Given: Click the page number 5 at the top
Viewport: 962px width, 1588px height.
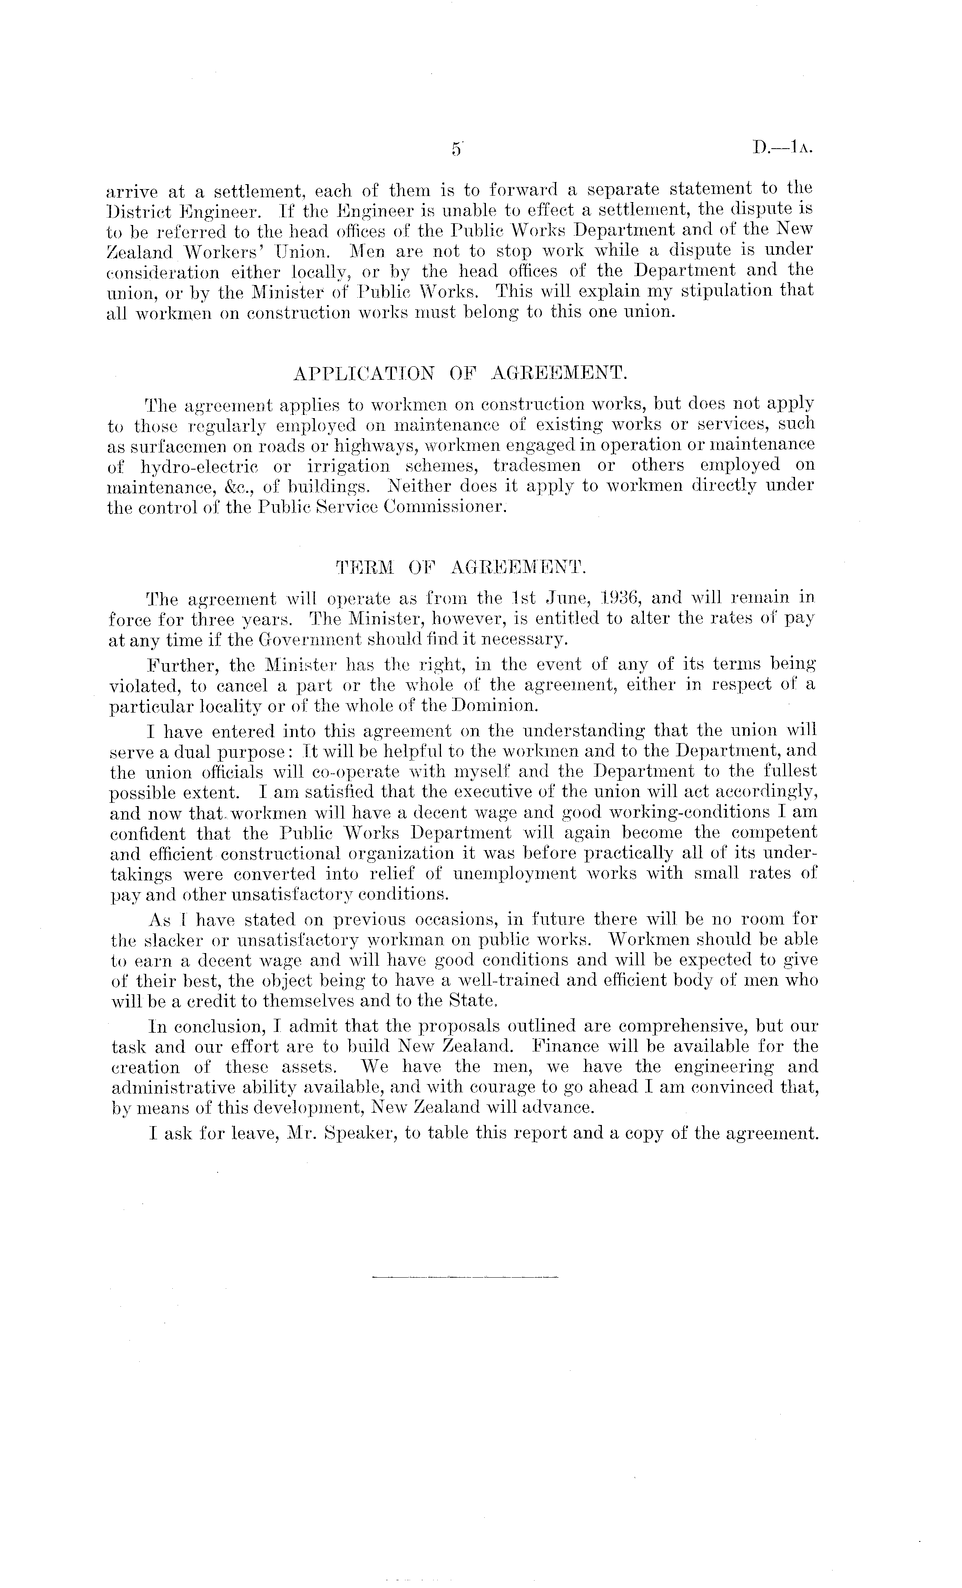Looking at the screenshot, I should (x=456, y=149).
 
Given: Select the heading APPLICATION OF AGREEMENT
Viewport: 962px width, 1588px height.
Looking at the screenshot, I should (x=459, y=374).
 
